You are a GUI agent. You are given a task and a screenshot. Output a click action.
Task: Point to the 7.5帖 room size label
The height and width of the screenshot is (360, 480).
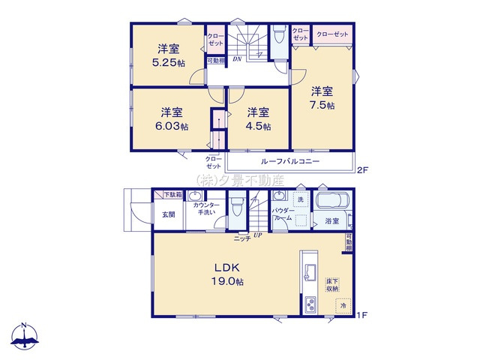(322, 105)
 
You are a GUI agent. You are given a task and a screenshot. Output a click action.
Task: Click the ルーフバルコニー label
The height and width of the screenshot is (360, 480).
(290, 161)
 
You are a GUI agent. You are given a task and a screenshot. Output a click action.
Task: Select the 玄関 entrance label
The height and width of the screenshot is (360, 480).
(168, 214)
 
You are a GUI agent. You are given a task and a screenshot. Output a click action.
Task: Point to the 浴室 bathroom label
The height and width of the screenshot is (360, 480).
(331, 220)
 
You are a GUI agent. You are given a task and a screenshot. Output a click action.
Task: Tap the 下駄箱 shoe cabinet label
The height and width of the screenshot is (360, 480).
(174, 194)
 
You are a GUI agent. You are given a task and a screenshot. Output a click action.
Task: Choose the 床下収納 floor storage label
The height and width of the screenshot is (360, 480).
(332, 283)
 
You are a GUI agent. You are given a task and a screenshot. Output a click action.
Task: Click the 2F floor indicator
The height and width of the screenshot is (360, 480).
(362, 170)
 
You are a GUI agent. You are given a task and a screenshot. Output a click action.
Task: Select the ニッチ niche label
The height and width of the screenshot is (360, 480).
(241, 238)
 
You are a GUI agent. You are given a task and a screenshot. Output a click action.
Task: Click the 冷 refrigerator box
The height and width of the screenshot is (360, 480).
(343, 307)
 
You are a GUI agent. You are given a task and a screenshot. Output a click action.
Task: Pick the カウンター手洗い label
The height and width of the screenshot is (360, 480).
(205, 208)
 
